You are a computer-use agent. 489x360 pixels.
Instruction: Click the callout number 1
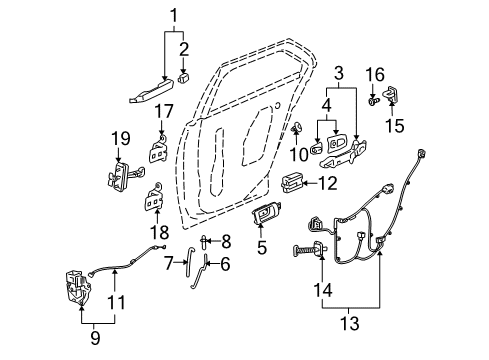(177, 17)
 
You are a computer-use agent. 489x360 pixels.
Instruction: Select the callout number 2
(183, 49)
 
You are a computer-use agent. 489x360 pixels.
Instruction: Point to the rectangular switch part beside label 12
(296, 182)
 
